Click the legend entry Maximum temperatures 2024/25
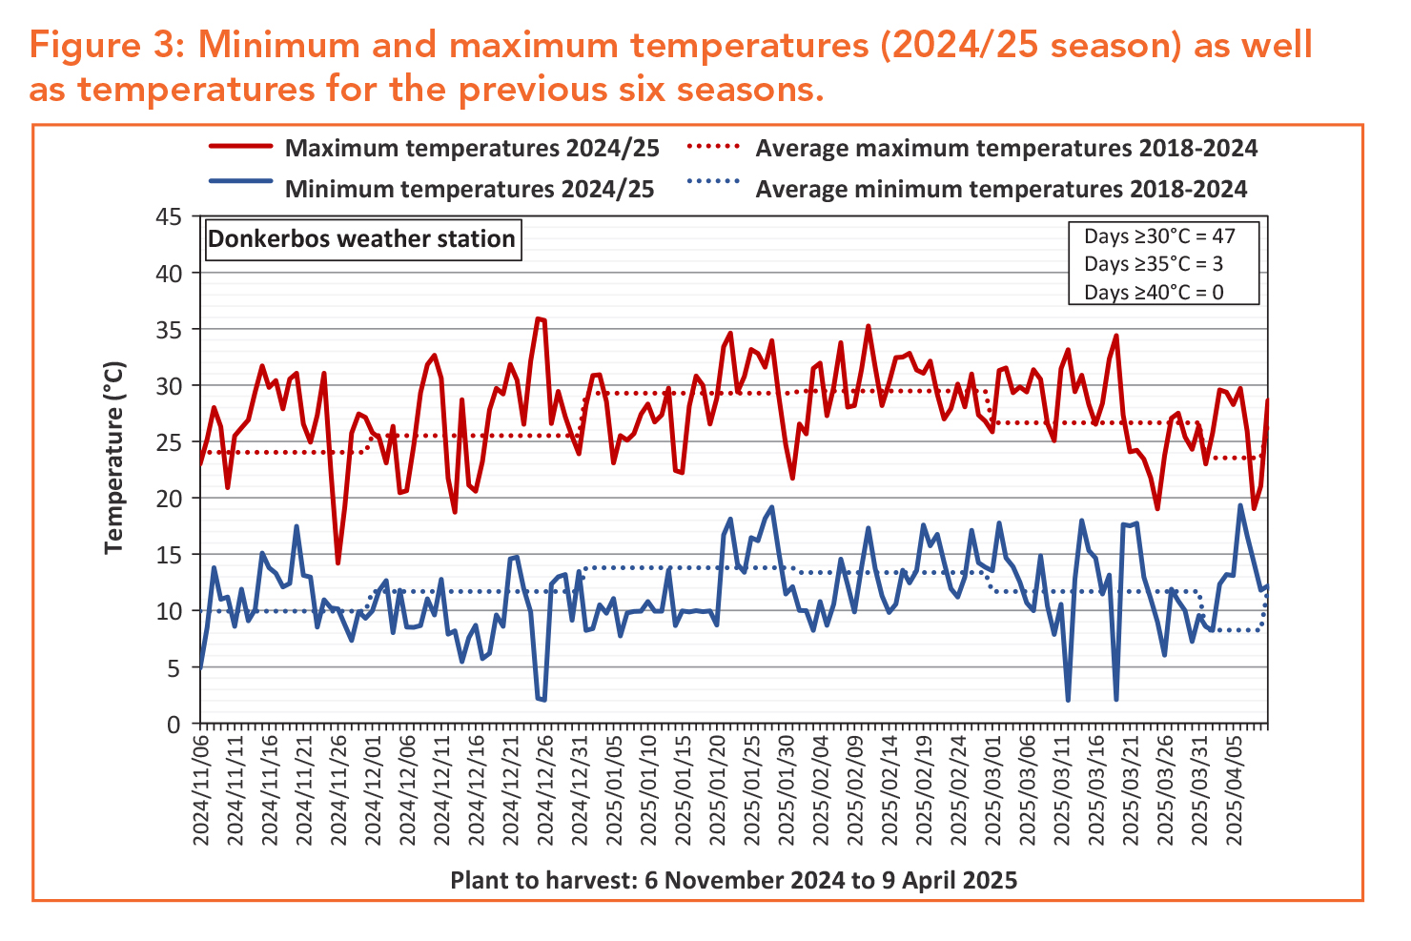point(472,149)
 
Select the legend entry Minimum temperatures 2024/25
point(469,189)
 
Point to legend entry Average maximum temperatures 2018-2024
point(1006,149)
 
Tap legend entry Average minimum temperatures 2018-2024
point(1001,189)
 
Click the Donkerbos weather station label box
point(362,238)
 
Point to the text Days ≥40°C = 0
point(1154,292)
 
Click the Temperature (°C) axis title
point(115,457)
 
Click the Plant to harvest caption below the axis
point(733,880)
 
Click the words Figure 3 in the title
point(105,45)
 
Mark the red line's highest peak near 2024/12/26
point(538,318)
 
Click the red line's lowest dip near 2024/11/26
point(337,563)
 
